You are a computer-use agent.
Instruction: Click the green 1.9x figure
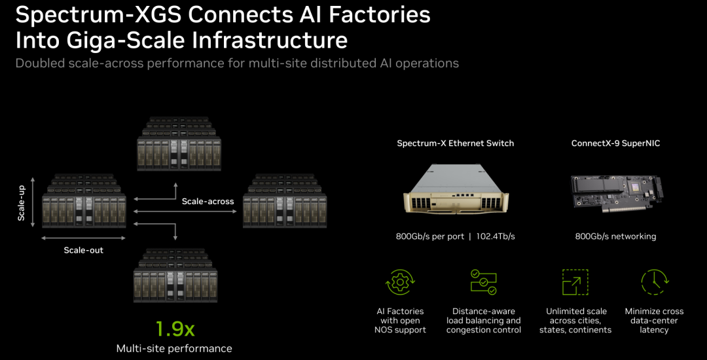click(x=175, y=329)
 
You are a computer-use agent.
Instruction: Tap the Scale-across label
click(x=208, y=202)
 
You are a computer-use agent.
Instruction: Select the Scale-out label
click(x=83, y=250)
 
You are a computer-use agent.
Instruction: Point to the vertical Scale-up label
click(x=21, y=203)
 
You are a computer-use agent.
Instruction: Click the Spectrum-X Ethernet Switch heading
click(x=456, y=144)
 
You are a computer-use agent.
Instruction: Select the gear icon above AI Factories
click(x=400, y=283)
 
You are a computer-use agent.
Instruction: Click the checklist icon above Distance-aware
click(x=483, y=282)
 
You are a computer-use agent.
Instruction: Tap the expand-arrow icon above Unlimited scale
click(x=575, y=283)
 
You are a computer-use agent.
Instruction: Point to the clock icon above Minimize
click(x=654, y=283)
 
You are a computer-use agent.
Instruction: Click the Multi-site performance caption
click(x=174, y=348)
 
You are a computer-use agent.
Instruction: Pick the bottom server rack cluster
click(x=176, y=275)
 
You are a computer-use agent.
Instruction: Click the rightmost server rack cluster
click(x=285, y=200)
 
